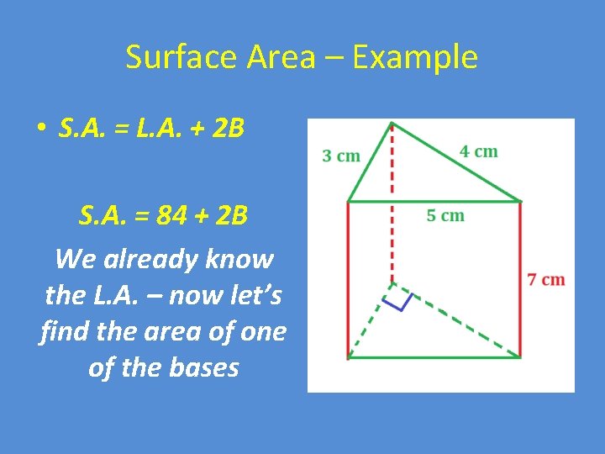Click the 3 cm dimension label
click(x=341, y=156)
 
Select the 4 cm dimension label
click(x=479, y=151)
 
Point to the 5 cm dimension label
click(x=445, y=215)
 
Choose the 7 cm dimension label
click(x=546, y=279)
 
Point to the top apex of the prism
click(x=392, y=124)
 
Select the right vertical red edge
click(x=520, y=280)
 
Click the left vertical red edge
click(x=348, y=280)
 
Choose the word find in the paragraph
click(x=64, y=331)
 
